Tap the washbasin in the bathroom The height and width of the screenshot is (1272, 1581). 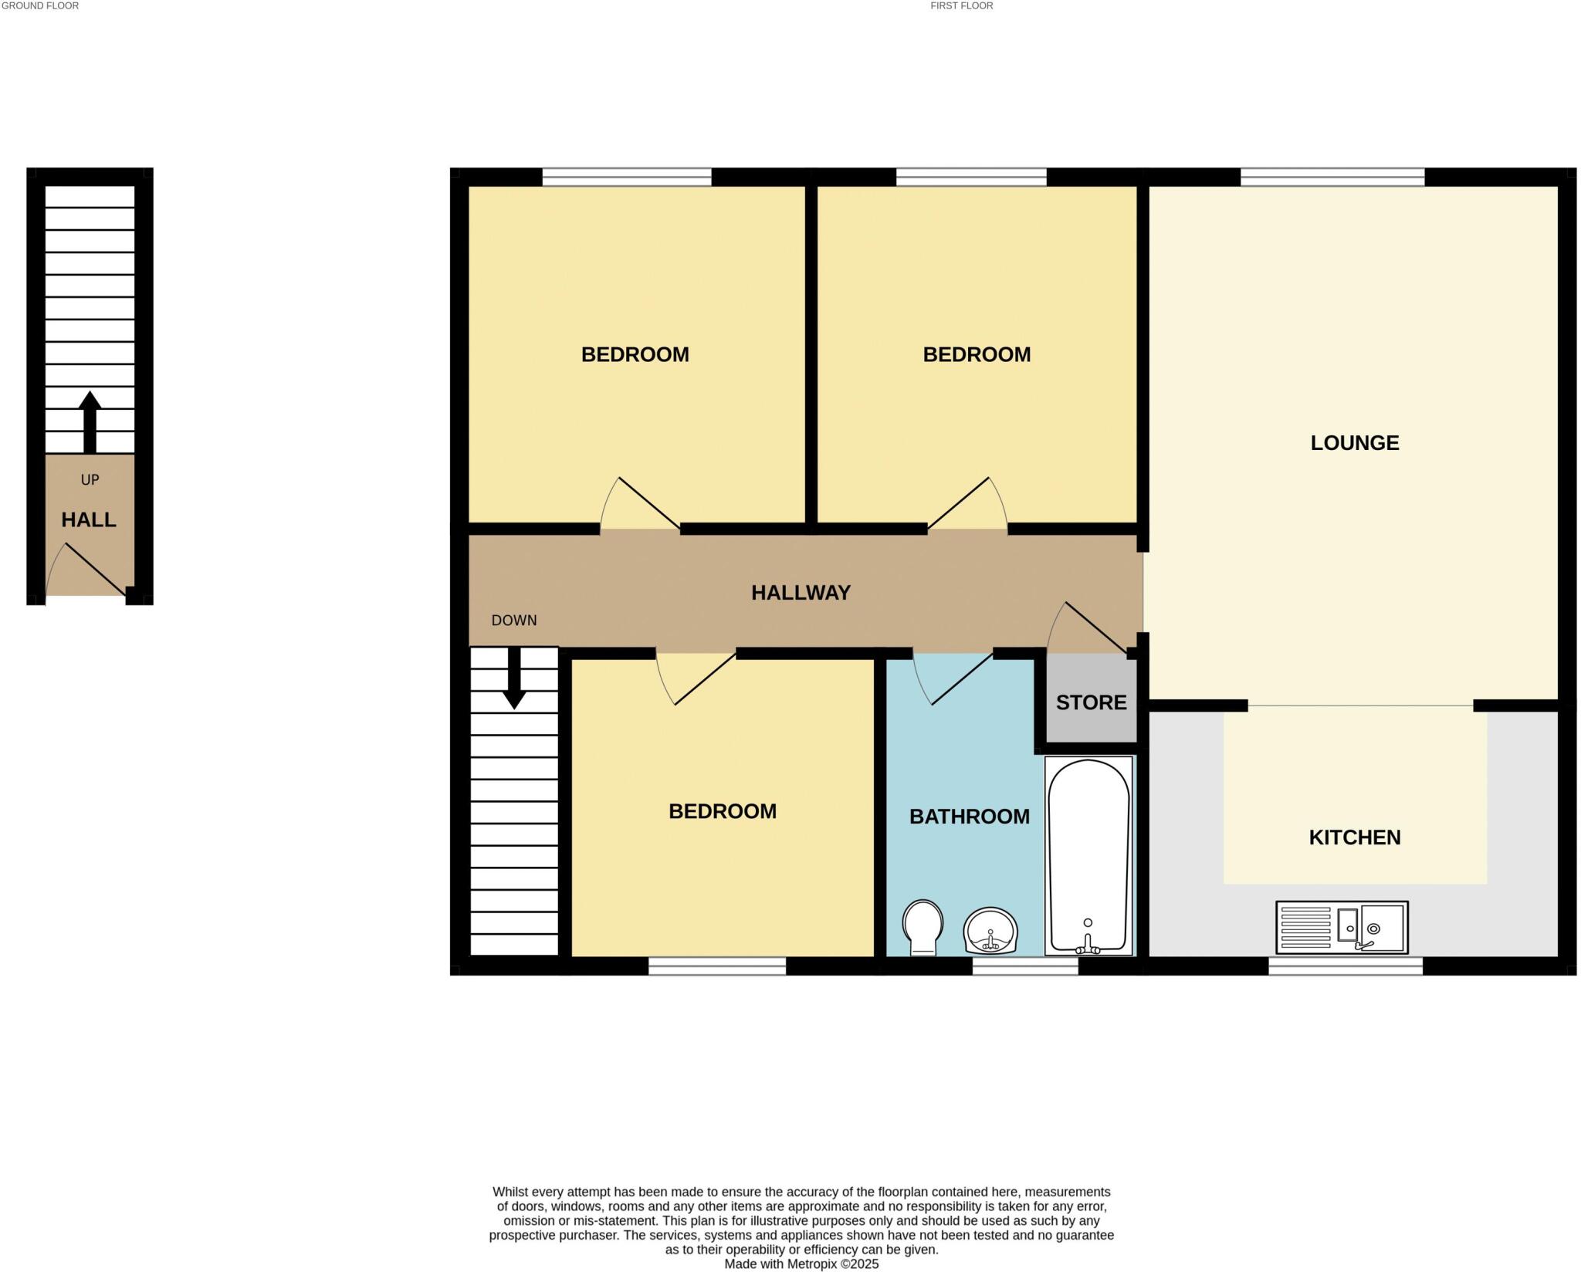point(990,931)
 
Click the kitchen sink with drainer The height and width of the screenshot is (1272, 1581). point(1342,927)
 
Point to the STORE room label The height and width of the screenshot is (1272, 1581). point(1091,702)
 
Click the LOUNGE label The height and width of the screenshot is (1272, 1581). point(1354,443)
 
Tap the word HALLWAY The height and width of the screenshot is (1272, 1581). point(801,593)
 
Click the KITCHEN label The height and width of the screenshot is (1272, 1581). point(1354,837)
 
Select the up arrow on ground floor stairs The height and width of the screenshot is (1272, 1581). point(90,421)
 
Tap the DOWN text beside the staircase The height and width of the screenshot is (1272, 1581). point(514,621)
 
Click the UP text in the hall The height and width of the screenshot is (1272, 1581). point(90,480)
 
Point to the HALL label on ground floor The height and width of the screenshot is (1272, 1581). point(89,520)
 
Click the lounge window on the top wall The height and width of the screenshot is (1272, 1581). point(1332,177)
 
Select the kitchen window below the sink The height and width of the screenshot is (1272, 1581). point(1345,966)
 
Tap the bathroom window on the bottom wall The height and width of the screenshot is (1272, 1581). point(1024,966)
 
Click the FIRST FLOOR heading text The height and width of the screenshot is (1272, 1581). point(961,6)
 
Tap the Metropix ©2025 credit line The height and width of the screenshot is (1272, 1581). point(801,1264)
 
